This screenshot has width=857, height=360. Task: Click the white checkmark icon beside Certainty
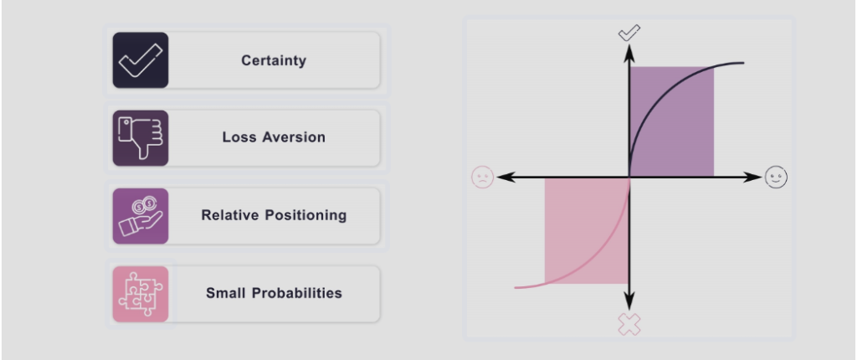[141, 60]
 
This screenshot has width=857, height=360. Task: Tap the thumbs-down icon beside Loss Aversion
[141, 138]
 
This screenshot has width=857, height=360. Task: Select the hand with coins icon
[141, 216]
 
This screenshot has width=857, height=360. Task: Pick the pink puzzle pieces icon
[141, 295]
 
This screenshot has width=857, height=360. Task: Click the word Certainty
[274, 60]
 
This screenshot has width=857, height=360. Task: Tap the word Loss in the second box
[240, 136]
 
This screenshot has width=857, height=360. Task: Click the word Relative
[229, 215]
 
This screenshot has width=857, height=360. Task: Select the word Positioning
[306, 215]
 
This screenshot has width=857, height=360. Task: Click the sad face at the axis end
[483, 177]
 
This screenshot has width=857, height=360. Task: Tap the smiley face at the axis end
[776, 177]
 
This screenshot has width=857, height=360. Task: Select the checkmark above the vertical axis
[629, 33]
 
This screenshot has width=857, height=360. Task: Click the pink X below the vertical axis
[629, 325]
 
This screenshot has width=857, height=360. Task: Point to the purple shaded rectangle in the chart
[672, 121]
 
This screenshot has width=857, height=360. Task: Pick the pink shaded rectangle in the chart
[587, 231]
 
